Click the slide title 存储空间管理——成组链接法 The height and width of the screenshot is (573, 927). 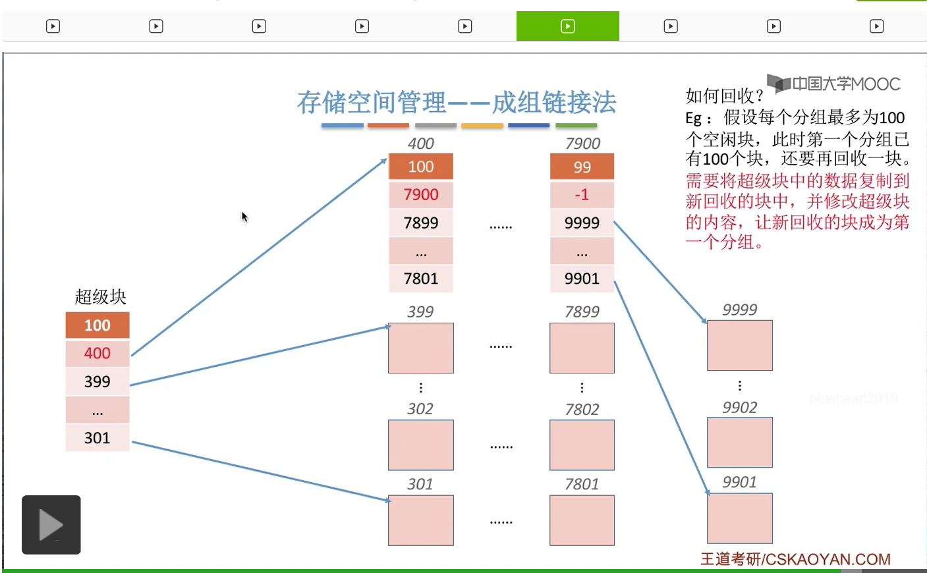(x=456, y=103)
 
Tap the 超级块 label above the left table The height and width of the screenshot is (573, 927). (x=100, y=297)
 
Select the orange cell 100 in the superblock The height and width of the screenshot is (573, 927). (x=98, y=325)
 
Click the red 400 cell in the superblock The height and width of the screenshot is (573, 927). (x=98, y=354)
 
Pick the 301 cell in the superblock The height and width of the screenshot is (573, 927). (x=98, y=438)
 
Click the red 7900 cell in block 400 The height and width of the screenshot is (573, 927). (x=421, y=195)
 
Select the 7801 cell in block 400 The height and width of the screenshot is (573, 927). (x=421, y=279)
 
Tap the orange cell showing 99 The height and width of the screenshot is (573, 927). (x=582, y=167)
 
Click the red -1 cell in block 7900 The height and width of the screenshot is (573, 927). (x=582, y=195)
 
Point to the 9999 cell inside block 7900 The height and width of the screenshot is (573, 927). (x=582, y=223)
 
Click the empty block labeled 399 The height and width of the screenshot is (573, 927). (x=421, y=348)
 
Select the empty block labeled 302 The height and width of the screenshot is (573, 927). (x=421, y=445)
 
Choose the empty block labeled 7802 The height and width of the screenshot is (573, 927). (x=582, y=445)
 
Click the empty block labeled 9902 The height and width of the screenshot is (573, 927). (x=739, y=443)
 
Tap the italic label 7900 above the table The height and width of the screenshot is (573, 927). (x=582, y=144)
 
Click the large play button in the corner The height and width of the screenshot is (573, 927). (x=51, y=525)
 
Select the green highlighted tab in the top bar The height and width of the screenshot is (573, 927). (x=568, y=26)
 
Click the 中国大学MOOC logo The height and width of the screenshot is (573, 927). (x=834, y=84)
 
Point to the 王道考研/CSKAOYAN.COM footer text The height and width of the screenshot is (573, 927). (x=795, y=559)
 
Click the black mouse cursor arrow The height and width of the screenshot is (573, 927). (x=244, y=217)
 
